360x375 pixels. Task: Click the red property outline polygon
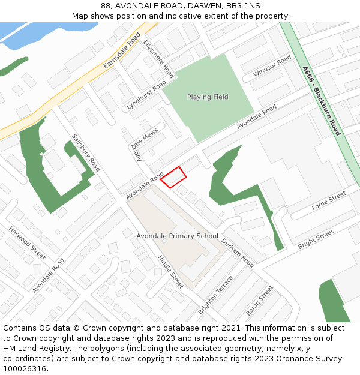pyautogui.click(x=173, y=177)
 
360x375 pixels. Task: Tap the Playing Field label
pyautogui.click(x=208, y=97)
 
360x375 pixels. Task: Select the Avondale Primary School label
pyautogui.click(x=178, y=236)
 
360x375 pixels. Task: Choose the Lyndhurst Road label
pyautogui.click(x=146, y=95)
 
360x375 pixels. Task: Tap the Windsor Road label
pyautogui.click(x=272, y=65)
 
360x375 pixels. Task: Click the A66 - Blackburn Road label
pyautogui.click(x=322, y=100)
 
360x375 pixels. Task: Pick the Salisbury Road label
pyautogui.click(x=86, y=152)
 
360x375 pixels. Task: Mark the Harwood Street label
pyautogui.click(x=27, y=243)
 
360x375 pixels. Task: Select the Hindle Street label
pyautogui.click(x=170, y=271)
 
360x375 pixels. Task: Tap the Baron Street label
pyautogui.click(x=259, y=301)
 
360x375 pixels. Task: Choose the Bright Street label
pyautogui.click(x=316, y=239)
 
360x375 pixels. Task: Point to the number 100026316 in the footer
pyautogui.click(x=25, y=368)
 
